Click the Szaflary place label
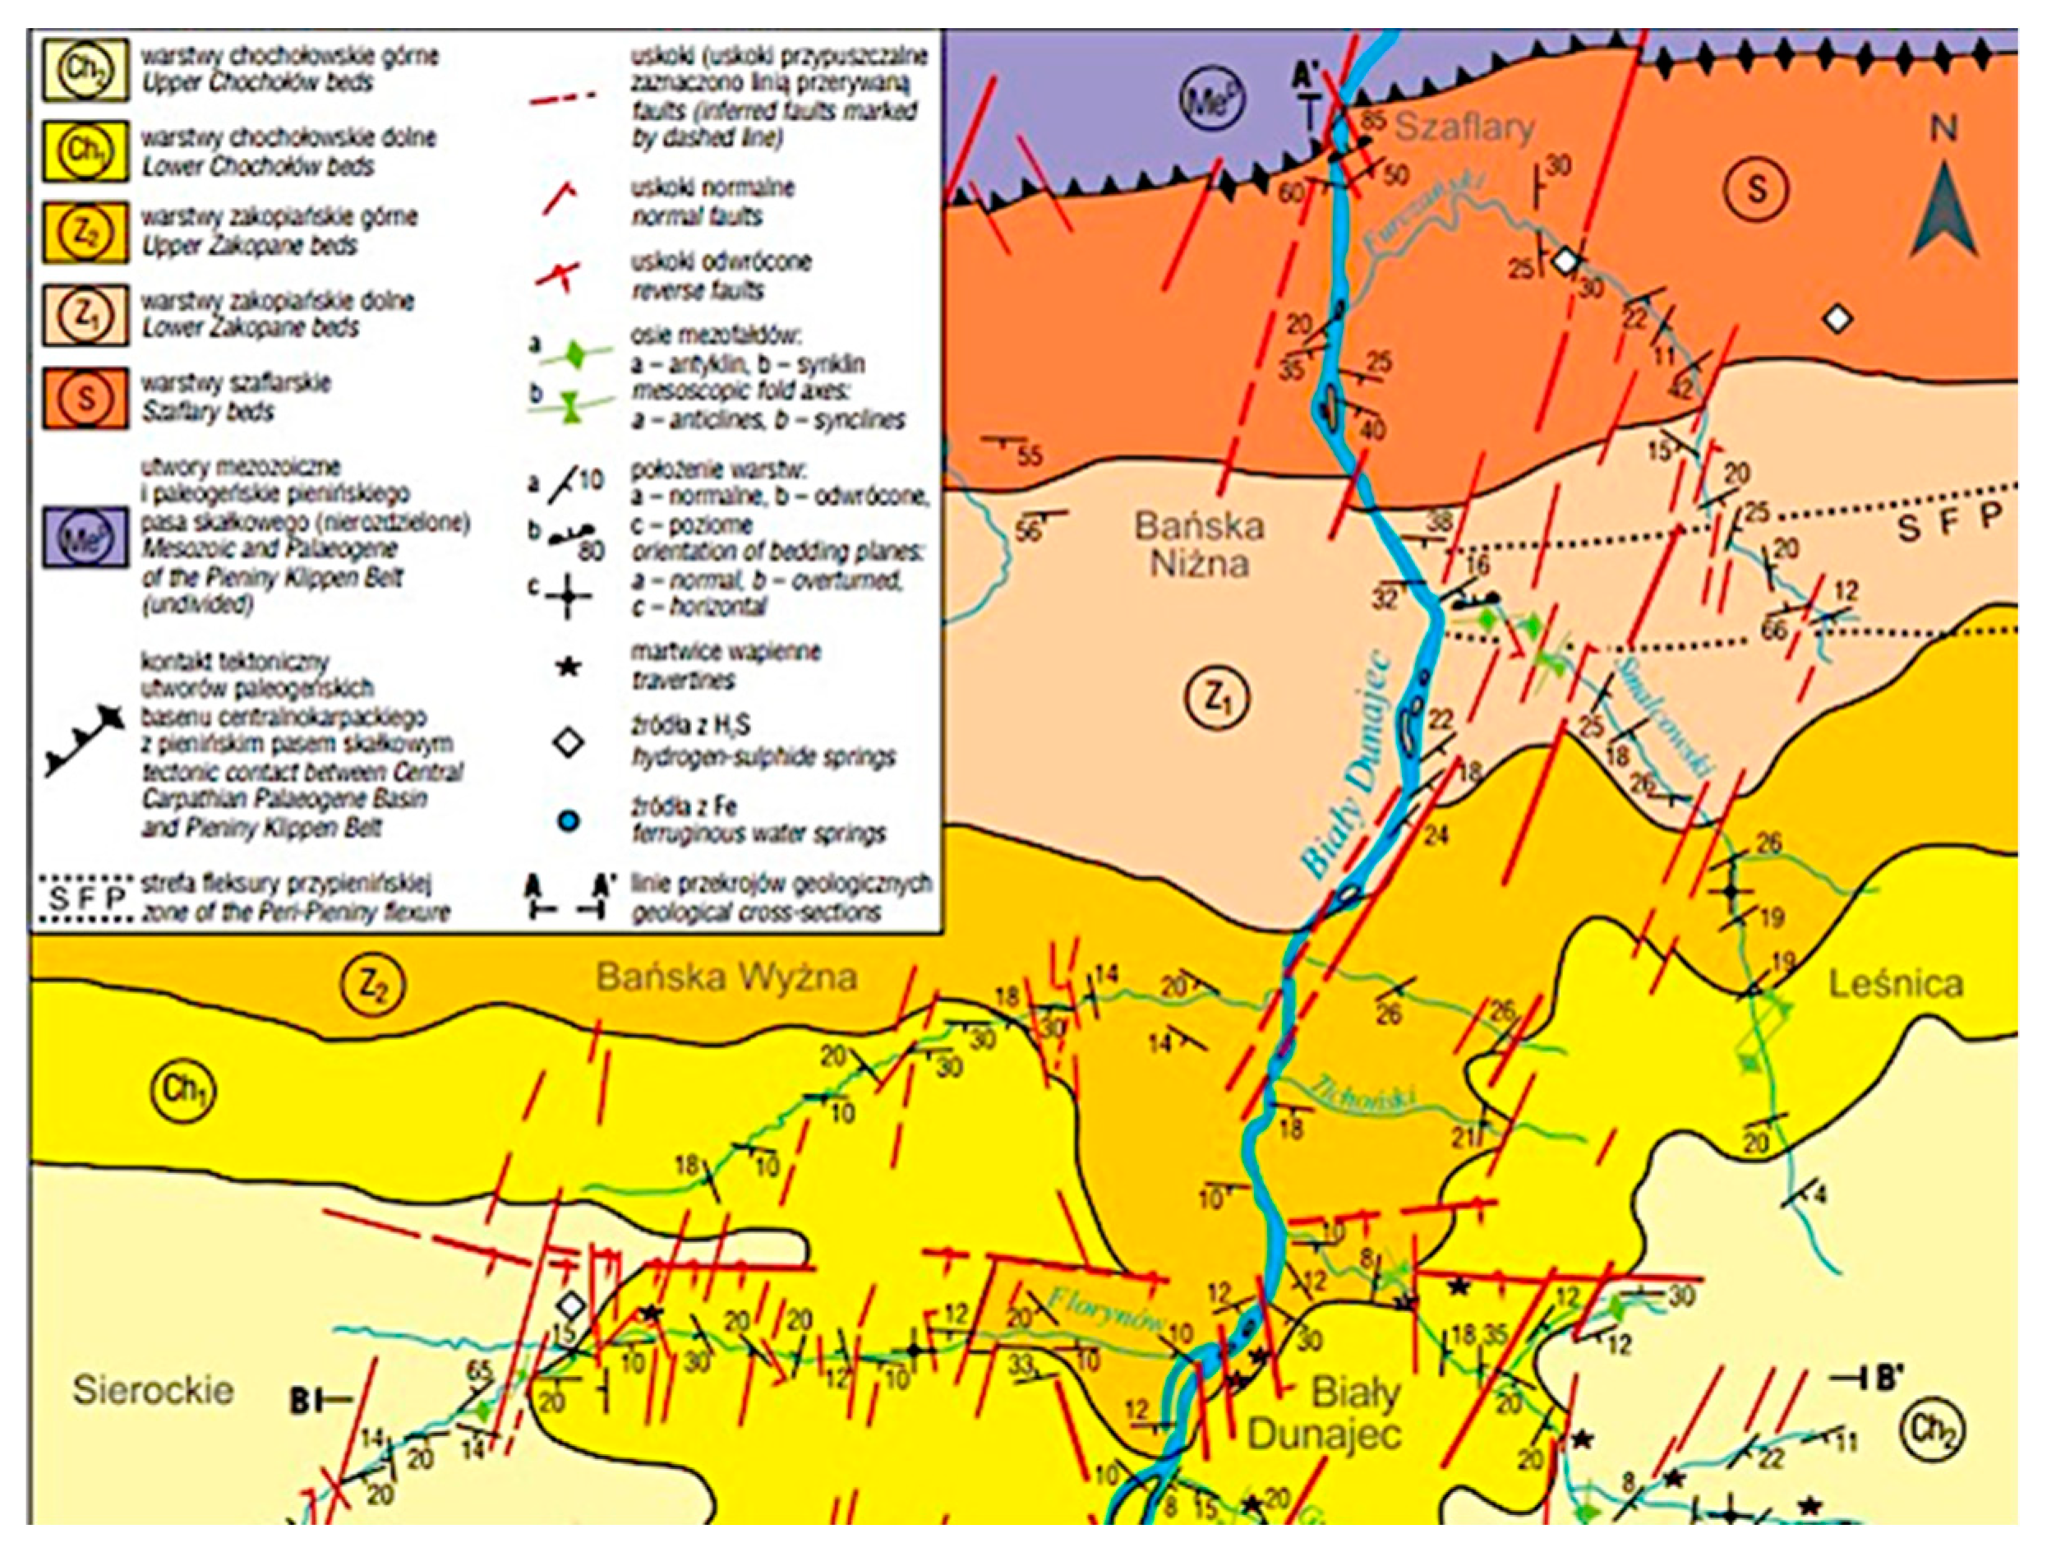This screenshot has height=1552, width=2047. [1464, 127]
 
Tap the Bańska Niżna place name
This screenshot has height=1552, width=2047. [1199, 544]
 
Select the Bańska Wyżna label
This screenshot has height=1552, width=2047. [726, 977]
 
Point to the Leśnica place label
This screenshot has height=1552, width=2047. [1895, 984]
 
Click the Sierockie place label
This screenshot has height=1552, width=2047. [153, 1390]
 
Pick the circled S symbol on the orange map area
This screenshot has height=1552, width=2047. [1755, 190]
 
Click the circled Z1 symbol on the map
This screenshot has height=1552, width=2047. [1216, 698]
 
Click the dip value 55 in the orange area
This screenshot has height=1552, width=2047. [1028, 456]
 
